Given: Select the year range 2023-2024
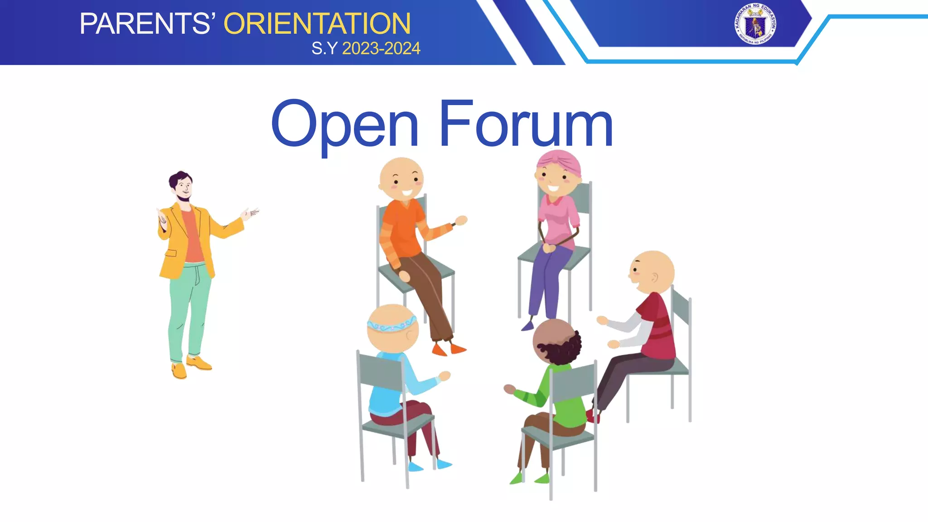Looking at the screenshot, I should pos(381,48).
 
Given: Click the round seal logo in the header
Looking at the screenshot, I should pos(755,24).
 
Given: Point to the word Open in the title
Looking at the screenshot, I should pos(344,125).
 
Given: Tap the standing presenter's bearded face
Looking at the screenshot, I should pos(183,188).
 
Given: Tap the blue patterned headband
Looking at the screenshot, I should pos(391,325).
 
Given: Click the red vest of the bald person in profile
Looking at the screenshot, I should pos(657,326).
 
